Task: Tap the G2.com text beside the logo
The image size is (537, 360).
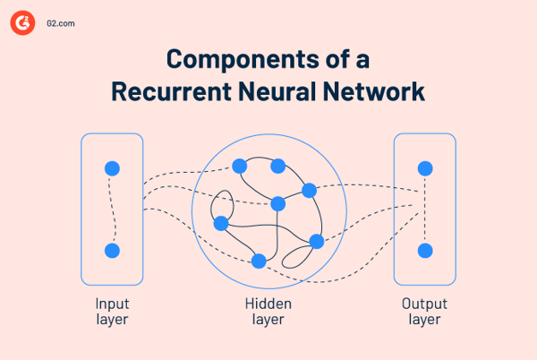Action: [61, 24]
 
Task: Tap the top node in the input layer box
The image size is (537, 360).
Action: [112, 168]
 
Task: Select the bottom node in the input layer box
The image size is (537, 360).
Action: [112, 251]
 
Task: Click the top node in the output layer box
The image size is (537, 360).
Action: [425, 168]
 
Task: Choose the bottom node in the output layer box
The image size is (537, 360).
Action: [425, 251]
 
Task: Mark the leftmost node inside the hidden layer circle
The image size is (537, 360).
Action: [221, 223]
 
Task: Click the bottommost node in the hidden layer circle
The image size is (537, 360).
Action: [259, 261]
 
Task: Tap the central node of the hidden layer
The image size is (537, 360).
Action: [278, 202]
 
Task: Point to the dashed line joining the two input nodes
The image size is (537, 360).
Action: [111, 210]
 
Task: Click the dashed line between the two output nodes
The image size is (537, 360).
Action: [425, 210]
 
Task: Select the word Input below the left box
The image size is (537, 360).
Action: [112, 304]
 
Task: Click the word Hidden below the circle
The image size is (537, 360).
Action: [268, 304]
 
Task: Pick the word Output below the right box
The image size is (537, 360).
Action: [424, 304]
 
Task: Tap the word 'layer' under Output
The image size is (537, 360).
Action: [424, 319]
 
